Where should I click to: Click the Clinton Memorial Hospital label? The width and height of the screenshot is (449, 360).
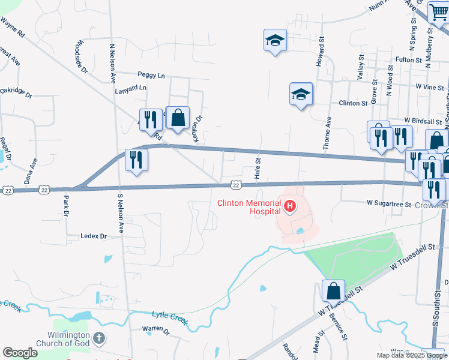pos(249,207)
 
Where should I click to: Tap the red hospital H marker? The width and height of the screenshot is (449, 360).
pos(290,208)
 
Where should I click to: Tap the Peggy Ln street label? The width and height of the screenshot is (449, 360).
pos(151,76)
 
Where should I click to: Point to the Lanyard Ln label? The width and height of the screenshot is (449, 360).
pos(131,87)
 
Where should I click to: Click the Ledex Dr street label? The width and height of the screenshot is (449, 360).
pos(93,236)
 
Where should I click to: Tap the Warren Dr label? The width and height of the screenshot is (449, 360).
pos(156,329)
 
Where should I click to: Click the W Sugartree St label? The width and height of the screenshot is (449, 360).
pos(389,205)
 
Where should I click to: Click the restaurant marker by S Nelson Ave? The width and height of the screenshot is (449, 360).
pos(136,160)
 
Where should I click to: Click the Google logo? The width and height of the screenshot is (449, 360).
pos(20,352)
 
